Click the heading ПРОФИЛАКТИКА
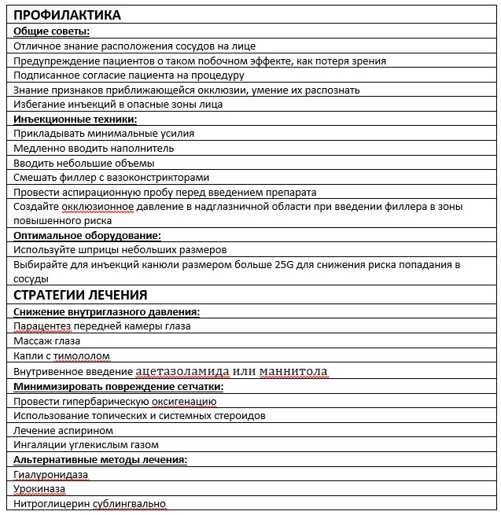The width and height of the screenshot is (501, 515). tap(68, 15)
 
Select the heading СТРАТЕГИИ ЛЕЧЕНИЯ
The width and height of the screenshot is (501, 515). tap(80, 296)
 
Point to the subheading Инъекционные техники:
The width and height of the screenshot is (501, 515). tap(76, 119)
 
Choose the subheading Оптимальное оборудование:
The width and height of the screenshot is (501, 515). tap(87, 235)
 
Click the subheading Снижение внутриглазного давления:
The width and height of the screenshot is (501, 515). tap(106, 312)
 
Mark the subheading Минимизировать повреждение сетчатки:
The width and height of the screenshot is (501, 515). tap(118, 387)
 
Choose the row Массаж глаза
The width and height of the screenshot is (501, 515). tap(47, 341)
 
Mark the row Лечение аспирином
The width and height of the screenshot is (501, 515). tap(63, 431)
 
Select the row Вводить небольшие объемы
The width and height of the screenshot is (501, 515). tap(84, 163)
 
